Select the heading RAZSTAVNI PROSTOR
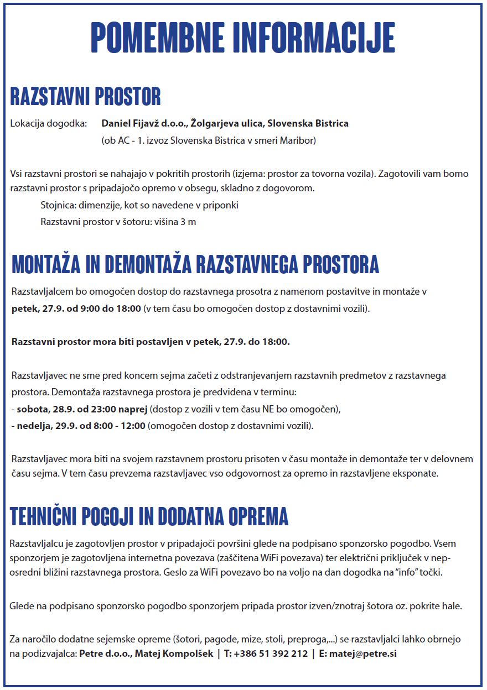pyautogui.click(x=86, y=97)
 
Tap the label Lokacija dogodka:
pyautogui.click(x=49, y=123)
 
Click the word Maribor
pyautogui.click(x=298, y=140)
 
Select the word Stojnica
pyautogui.click(x=58, y=205)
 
